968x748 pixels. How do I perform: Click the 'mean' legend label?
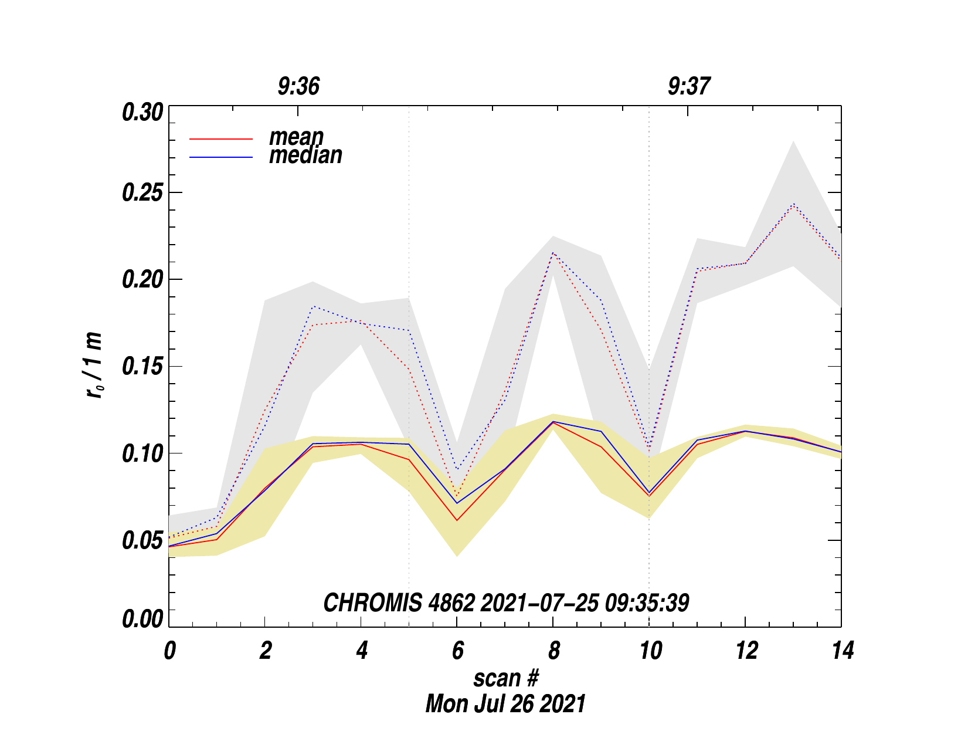tap(296, 137)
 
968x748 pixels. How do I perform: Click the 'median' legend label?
tap(305, 155)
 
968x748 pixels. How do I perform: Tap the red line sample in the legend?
tap(221, 139)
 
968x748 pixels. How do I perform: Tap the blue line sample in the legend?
tap(221, 157)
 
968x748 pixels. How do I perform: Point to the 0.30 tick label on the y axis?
tap(142, 112)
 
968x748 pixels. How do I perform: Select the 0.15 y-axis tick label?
tap(142, 367)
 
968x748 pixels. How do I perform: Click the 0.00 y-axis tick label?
tap(142, 620)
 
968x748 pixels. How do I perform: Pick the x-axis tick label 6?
tap(457, 651)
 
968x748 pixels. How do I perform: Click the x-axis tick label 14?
tap(842, 651)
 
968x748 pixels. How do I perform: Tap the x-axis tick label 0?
tap(169, 651)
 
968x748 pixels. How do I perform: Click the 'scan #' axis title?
tap(505, 678)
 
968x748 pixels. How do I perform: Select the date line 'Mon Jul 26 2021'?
tap(505, 703)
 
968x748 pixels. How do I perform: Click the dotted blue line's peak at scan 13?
tap(793, 204)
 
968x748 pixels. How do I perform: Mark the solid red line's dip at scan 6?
tap(457, 520)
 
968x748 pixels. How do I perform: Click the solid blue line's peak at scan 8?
tap(553, 421)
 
